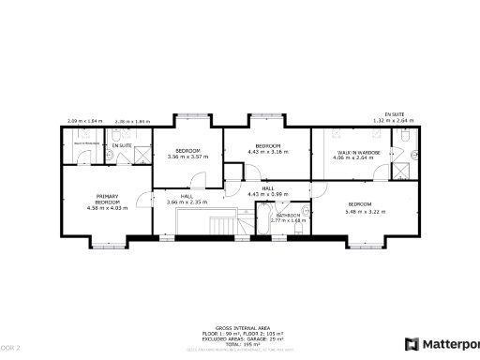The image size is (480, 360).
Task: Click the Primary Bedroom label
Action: pos(107,199)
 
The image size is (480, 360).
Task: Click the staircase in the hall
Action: pos(225,225)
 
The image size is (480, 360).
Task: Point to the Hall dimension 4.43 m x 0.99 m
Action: pos(267,194)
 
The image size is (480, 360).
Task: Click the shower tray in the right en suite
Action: pos(401,170)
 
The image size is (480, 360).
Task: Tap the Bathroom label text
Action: pos(289,216)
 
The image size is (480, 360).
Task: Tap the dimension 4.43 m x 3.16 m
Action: pos(267,152)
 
